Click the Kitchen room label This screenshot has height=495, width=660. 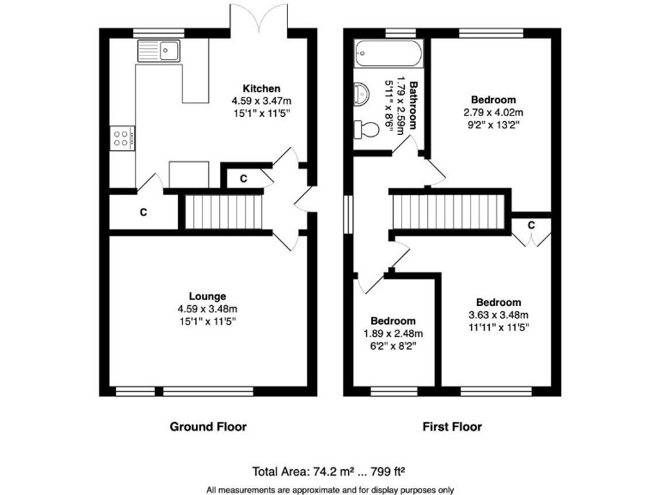[261, 89]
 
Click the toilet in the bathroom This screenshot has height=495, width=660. [368, 131]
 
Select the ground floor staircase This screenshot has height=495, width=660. [223, 211]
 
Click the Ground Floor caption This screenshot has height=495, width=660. [208, 426]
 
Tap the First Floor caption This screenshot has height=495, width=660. [452, 426]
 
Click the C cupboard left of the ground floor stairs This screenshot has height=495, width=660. [143, 211]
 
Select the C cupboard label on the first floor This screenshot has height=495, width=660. [532, 225]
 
